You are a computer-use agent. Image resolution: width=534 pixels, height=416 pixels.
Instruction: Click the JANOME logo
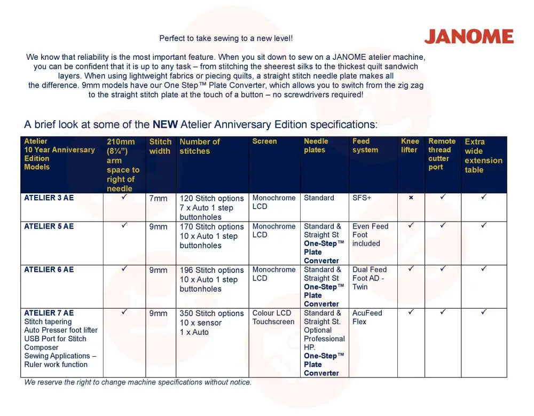coord(468,37)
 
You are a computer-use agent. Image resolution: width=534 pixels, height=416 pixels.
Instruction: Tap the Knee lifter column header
coord(410,146)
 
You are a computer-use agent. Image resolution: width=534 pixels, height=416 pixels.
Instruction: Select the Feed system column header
coord(365,146)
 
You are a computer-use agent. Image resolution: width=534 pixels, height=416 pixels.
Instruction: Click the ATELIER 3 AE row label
coord(49,198)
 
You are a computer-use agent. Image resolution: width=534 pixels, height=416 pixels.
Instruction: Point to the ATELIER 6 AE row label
coord(49,270)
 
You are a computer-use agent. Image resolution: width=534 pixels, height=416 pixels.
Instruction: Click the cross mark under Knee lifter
coord(411,198)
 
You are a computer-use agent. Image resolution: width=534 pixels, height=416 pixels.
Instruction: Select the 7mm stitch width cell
coord(158,199)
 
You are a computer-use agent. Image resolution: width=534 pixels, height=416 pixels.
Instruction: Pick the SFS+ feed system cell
coord(362,198)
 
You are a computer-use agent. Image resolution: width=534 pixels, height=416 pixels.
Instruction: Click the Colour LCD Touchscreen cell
coord(273,317)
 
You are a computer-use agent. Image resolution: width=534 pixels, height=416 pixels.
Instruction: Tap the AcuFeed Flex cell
coord(367,317)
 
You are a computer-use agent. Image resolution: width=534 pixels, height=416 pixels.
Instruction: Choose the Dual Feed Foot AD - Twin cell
coord(369,278)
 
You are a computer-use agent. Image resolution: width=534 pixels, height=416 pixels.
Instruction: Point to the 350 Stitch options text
coord(211,313)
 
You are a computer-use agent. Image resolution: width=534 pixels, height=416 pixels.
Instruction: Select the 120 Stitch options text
coord(211,199)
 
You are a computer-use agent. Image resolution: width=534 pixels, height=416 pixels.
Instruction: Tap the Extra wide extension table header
coord(483,155)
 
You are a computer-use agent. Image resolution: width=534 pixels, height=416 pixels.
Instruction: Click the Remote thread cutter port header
coord(442,154)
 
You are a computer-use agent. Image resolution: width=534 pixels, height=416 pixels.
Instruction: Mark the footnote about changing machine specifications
coord(138,382)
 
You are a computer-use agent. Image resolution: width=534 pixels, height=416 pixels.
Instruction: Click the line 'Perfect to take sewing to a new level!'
coord(226,38)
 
